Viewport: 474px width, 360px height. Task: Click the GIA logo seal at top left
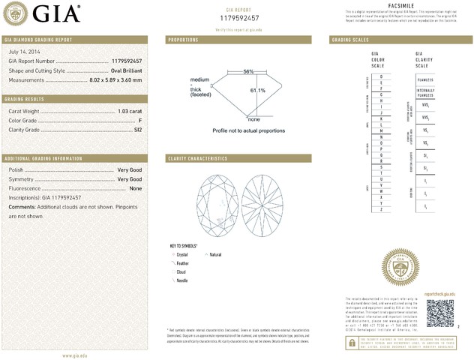pos(18,13)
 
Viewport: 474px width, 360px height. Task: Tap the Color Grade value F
pos(140,120)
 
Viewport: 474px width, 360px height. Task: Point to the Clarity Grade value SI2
pos(136,130)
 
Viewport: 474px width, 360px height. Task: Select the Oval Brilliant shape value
pos(121,70)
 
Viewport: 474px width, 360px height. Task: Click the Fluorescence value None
pos(136,188)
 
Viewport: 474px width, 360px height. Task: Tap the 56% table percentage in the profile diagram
pos(248,71)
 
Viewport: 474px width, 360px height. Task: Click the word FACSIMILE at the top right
pos(402,4)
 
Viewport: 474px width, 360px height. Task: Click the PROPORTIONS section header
pos(183,39)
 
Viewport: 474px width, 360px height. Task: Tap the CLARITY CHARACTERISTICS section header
pos(197,159)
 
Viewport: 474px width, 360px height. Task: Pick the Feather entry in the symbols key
pos(183,263)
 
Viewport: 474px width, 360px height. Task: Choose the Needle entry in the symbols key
pos(182,280)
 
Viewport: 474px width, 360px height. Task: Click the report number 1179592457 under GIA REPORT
pos(239,17)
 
